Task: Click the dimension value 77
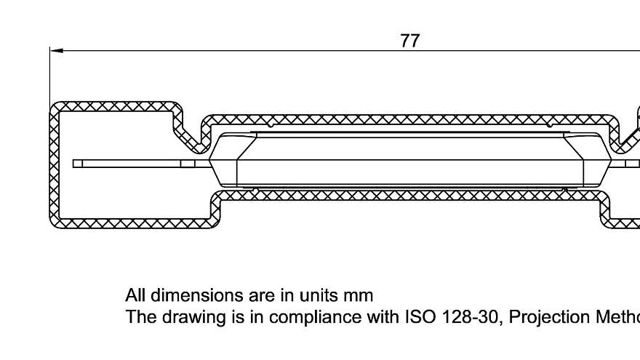click(x=410, y=41)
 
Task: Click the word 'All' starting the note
click(x=135, y=295)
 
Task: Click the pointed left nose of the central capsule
click(x=210, y=162)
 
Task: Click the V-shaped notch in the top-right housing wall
click(x=623, y=139)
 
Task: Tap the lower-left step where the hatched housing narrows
click(x=215, y=207)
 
